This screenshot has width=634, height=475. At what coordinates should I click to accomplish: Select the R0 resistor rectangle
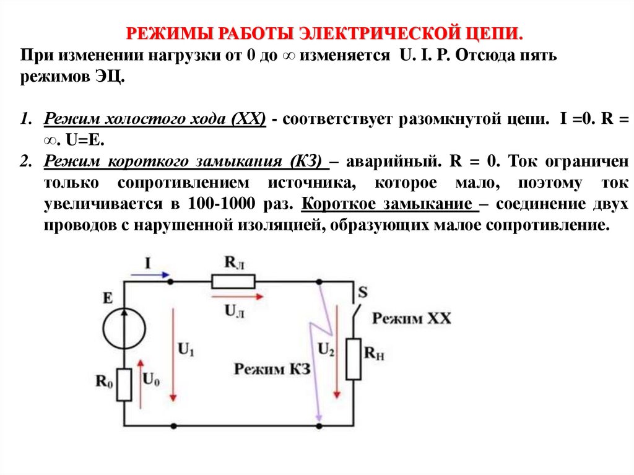point(124,385)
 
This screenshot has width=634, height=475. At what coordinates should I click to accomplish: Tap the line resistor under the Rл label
point(233,282)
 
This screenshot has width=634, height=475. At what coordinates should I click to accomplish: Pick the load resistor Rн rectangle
point(354,359)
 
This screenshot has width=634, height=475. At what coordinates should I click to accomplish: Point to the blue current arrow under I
point(149,273)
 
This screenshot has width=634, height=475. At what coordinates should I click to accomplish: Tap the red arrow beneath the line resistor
point(232,297)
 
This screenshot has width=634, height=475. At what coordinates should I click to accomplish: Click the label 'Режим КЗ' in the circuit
point(272,369)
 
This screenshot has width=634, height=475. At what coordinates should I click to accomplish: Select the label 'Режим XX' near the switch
point(412,319)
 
